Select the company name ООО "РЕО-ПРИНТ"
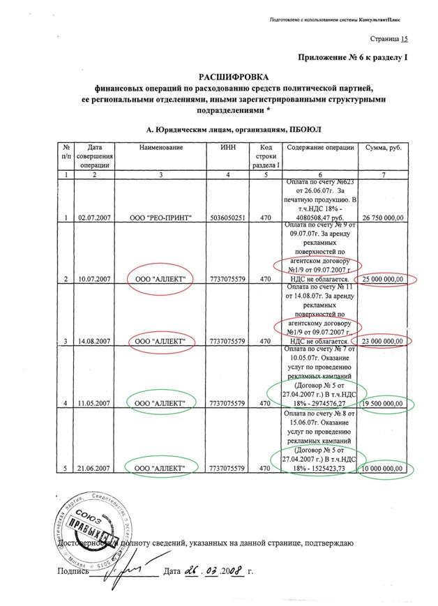pyautogui.click(x=160, y=218)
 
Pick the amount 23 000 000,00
pyautogui.click(x=383, y=341)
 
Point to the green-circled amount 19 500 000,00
pyautogui.click(x=383, y=403)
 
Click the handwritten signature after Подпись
pyautogui.click(x=119, y=571)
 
